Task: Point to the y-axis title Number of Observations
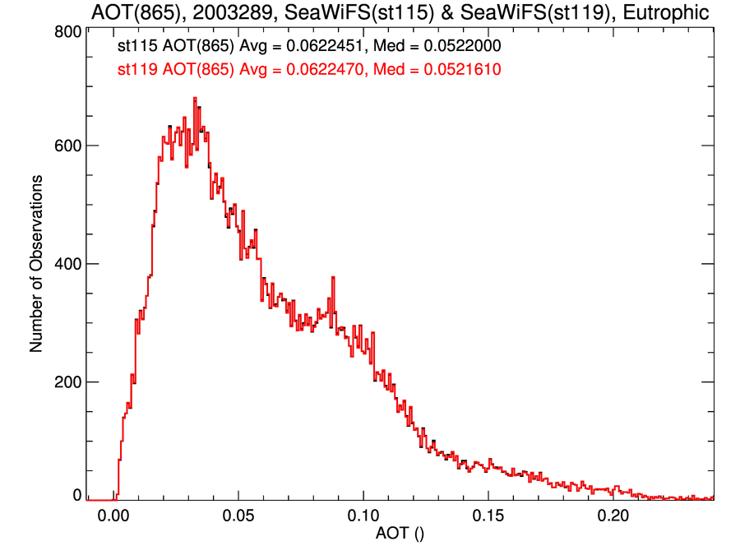click(x=37, y=264)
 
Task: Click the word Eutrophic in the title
click(x=668, y=13)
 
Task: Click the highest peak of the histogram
click(x=195, y=98)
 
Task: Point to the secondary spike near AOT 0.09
click(x=333, y=278)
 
